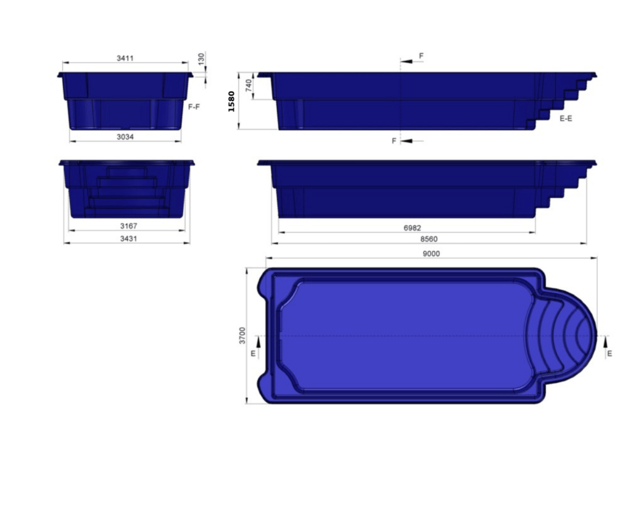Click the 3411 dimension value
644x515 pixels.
point(125,58)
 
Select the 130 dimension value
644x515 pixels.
point(201,58)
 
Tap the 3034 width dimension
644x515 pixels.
point(125,136)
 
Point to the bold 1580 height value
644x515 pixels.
point(231,101)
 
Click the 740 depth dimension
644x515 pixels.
point(248,85)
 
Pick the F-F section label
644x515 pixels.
point(194,107)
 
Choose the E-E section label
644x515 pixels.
point(565,118)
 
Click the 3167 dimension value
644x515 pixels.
point(128,226)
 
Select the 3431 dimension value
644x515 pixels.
point(128,239)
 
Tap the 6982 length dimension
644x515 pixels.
point(413,228)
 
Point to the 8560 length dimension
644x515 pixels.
point(429,240)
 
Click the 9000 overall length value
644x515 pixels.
point(431,254)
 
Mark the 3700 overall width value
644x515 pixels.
point(242,335)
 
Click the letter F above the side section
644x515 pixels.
point(421,56)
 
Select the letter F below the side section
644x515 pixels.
point(394,141)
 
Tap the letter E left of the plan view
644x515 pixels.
point(253,353)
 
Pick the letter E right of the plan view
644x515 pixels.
point(609,354)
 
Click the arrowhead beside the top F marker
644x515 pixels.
point(407,61)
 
